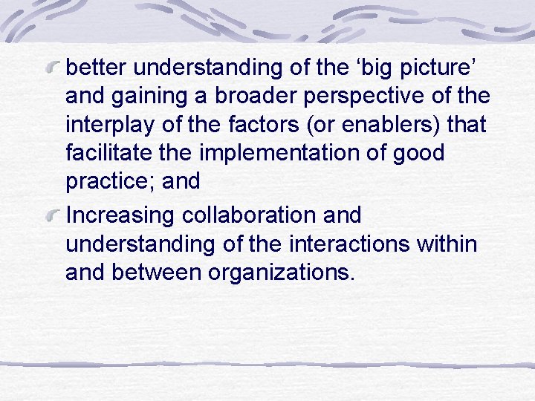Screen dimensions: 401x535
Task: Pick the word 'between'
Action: tap(157, 272)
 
